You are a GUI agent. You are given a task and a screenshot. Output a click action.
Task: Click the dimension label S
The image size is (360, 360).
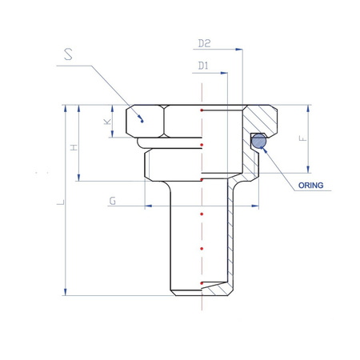[x=68, y=54]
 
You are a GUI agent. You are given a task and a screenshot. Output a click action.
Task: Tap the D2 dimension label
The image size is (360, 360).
[x=204, y=43]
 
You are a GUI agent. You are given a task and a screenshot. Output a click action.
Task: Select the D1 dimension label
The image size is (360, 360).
[x=203, y=66]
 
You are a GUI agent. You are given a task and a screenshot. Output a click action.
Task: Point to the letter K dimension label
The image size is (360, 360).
[x=107, y=122]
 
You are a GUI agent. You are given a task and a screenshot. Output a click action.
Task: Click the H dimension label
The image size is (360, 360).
[x=74, y=147]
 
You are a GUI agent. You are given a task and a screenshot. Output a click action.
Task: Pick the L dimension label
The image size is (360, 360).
[x=61, y=202]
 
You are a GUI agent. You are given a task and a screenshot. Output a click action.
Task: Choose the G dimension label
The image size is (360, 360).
[x=113, y=201]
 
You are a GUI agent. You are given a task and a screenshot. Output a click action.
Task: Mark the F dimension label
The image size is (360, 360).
[x=303, y=138]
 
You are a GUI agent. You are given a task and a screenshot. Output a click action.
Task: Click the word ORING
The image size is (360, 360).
[x=310, y=186]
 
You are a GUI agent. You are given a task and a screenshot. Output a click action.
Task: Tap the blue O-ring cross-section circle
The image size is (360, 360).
[x=258, y=141]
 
